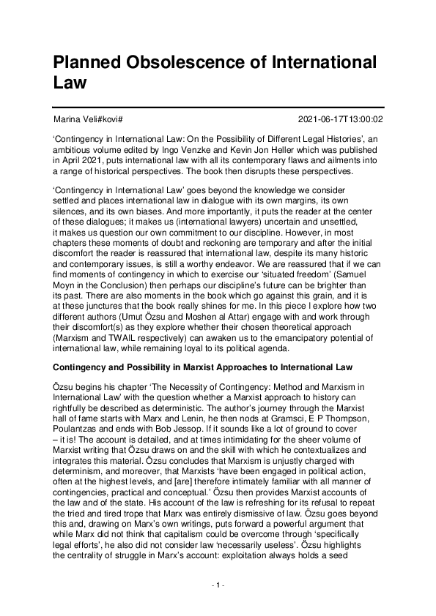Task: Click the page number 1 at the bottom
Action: tap(218, 586)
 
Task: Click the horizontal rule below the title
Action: tap(218, 108)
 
